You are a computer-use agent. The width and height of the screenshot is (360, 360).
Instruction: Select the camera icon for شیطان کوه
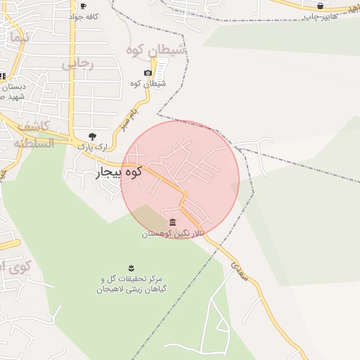click(148, 73)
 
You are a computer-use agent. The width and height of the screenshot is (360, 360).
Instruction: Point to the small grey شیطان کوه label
click(148, 84)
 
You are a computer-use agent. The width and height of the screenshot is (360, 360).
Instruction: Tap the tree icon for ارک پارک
click(91, 136)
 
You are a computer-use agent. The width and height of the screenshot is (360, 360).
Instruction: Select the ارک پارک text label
click(85, 146)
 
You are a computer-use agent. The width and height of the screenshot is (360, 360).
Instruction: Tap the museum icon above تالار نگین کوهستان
click(173, 223)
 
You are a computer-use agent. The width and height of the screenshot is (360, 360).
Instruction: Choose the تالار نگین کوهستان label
click(173, 233)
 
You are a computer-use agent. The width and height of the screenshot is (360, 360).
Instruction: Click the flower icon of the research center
click(130, 267)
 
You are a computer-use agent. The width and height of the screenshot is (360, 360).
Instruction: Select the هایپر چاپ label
click(320, 15)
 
